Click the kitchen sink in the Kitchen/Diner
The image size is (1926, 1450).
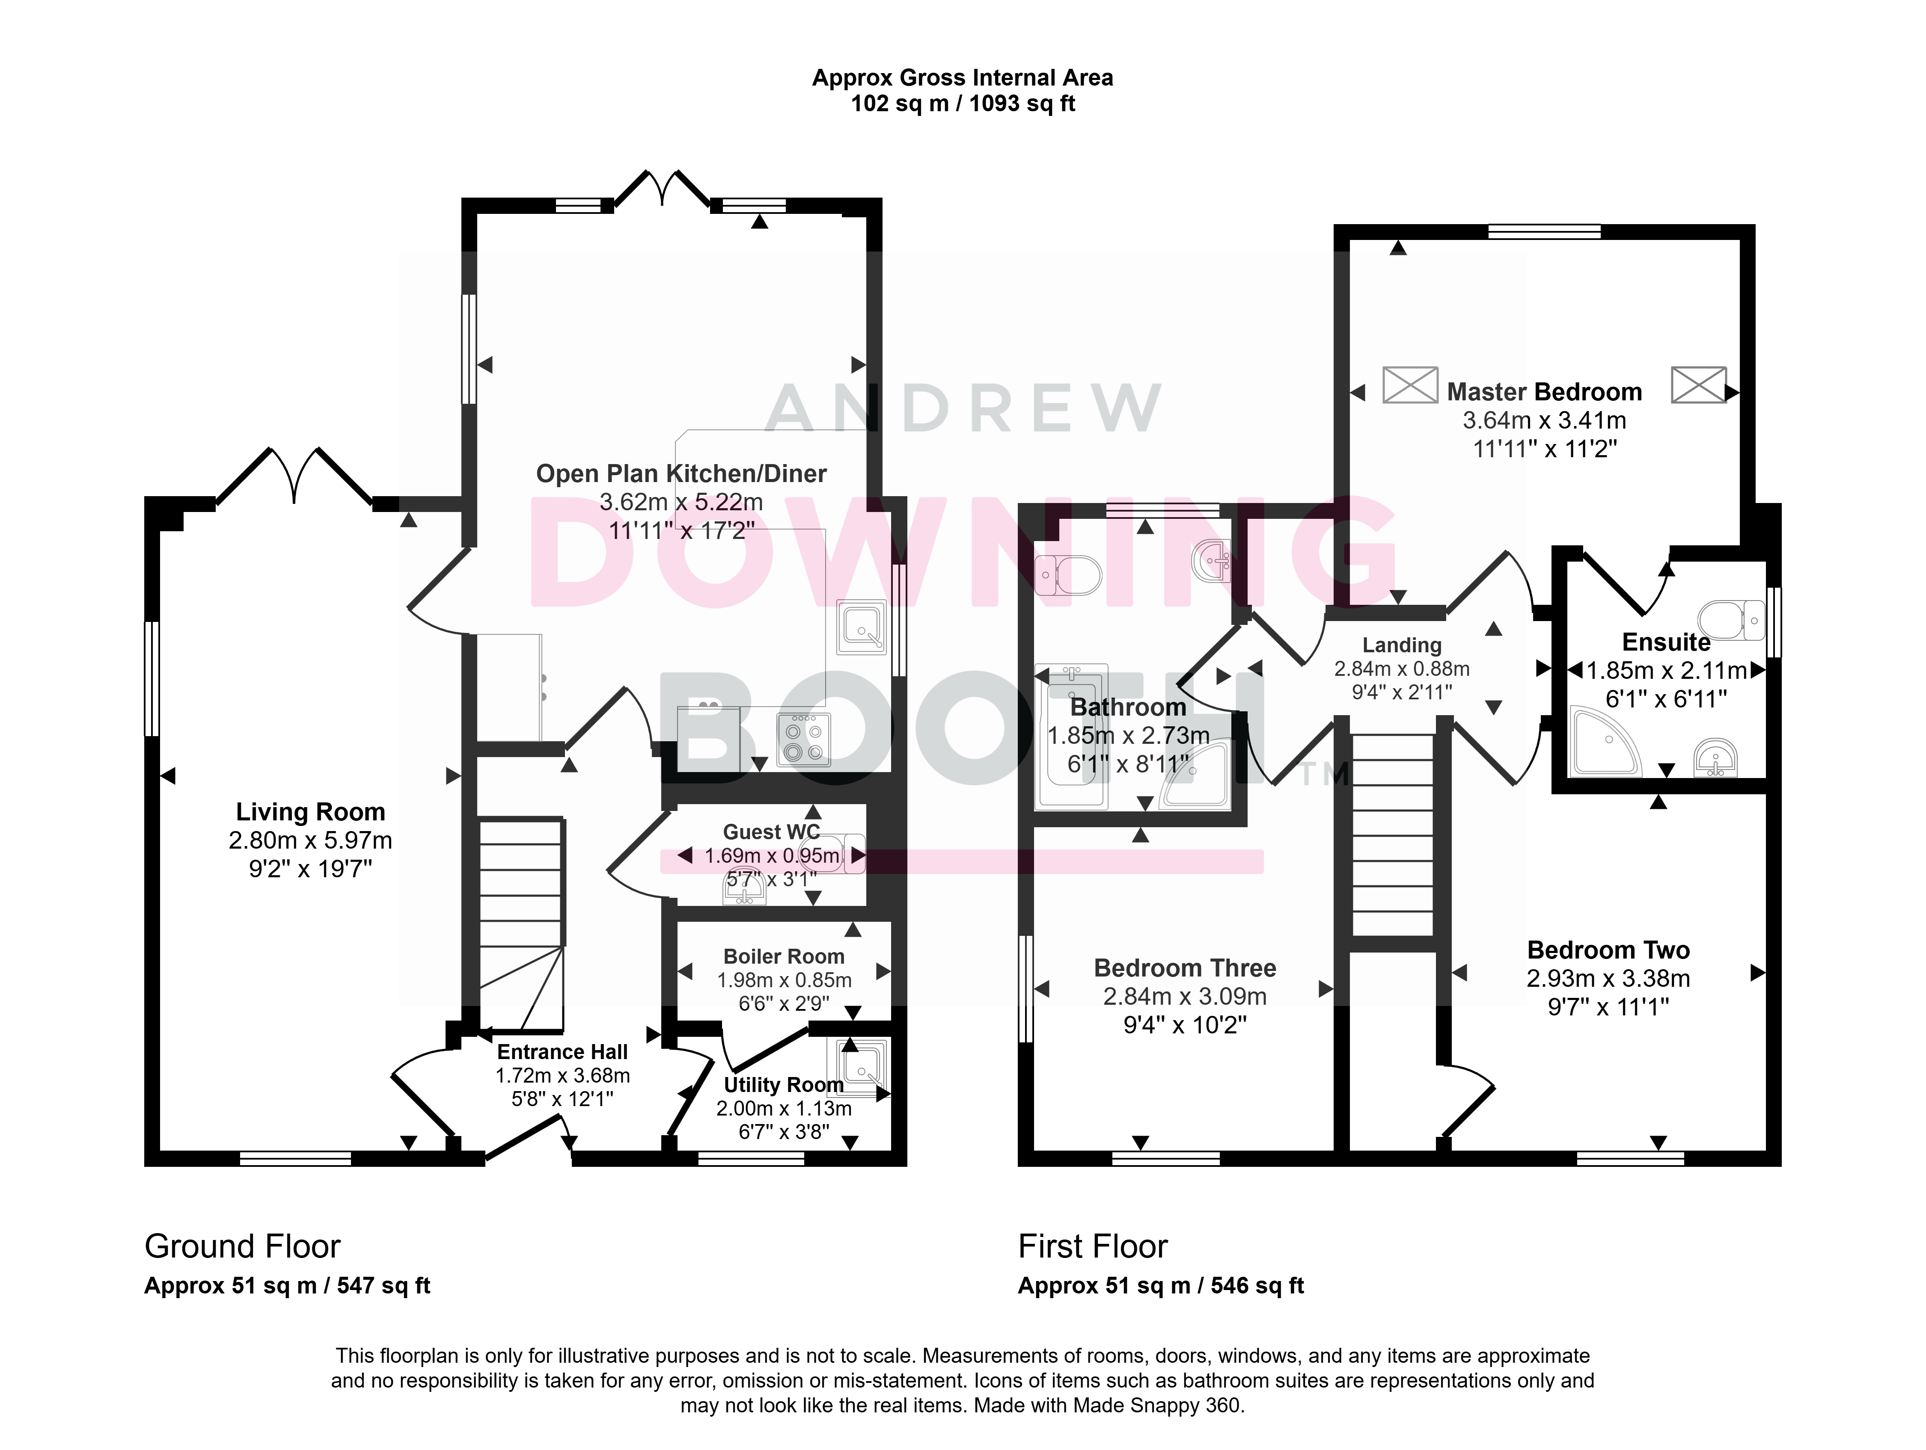click(x=861, y=627)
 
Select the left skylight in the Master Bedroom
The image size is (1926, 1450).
click(x=1410, y=385)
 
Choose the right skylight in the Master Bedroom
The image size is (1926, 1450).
click(x=1698, y=385)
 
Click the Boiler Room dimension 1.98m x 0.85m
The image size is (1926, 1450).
click(x=784, y=980)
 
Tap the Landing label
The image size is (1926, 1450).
click(x=1402, y=645)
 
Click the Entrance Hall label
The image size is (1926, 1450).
click(x=562, y=1051)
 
